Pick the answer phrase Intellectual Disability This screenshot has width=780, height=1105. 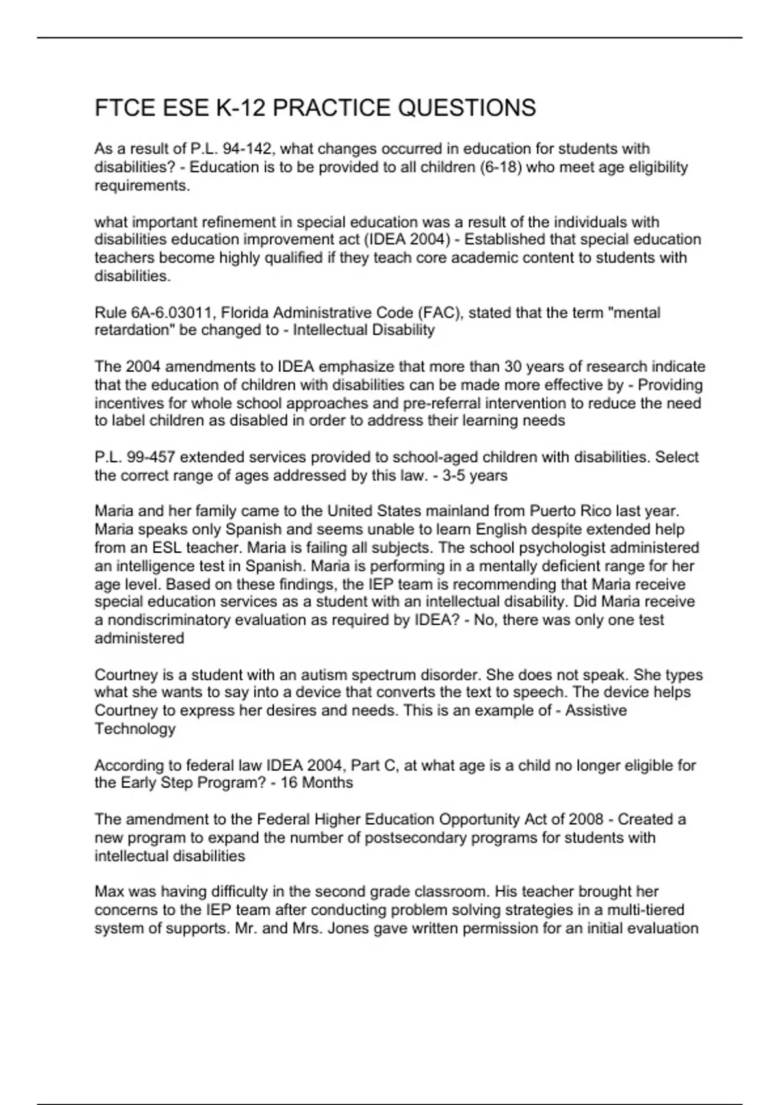click(363, 330)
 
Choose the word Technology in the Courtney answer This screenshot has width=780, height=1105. click(135, 729)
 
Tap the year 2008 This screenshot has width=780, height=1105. click(588, 820)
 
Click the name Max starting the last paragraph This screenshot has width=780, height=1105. click(109, 892)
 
